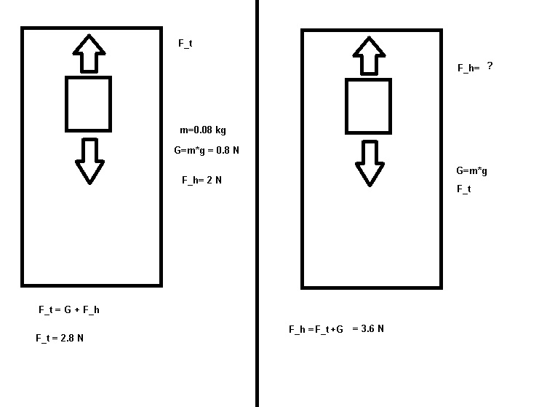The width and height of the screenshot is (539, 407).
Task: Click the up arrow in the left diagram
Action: pyautogui.click(x=89, y=52)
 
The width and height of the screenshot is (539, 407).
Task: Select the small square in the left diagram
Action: pyautogui.click(x=89, y=104)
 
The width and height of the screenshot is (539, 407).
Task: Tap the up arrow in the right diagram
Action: pyautogui.click(x=368, y=55)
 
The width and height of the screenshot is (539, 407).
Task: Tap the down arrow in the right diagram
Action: pyautogui.click(x=370, y=162)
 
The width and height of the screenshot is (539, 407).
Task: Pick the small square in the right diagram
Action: pyautogui.click(x=368, y=107)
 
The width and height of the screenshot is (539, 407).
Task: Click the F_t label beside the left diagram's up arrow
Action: pyautogui.click(x=185, y=44)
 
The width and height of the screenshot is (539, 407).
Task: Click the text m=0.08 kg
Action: pyautogui.click(x=203, y=130)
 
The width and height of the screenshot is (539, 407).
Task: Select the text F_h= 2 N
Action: pyautogui.click(x=201, y=180)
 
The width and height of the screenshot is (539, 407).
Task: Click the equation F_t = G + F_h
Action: pyautogui.click(x=68, y=310)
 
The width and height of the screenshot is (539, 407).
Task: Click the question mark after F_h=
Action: pyautogui.click(x=490, y=66)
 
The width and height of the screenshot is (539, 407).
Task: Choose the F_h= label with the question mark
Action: pyautogui.click(x=468, y=68)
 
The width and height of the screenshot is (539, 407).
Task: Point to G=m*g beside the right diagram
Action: pyautogui.click(x=471, y=171)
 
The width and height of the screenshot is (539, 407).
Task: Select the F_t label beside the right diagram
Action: pyautogui.click(x=463, y=189)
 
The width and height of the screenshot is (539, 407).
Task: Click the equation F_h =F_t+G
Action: pyautogui.click(x=316, y=330)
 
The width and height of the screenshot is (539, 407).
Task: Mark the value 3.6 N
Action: pyautogui.click(x=369, y=329)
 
